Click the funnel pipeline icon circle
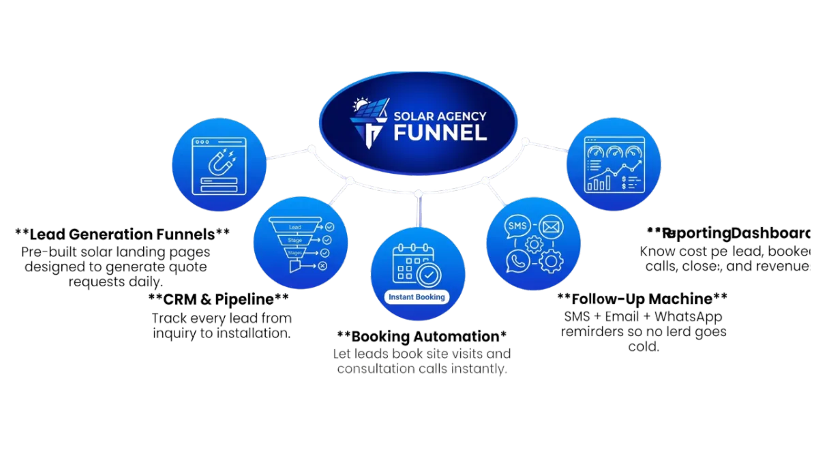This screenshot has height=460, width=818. tap(300, 242)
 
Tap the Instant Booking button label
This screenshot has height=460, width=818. tap(416, 297)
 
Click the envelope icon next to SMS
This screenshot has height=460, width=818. tap(550, 226)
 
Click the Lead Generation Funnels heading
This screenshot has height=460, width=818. tap(121, 234)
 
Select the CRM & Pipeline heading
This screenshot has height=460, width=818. tap(219, 300)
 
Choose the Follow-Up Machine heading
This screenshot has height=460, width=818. tap(643, 299)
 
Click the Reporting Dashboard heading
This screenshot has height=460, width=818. tap(729, 233)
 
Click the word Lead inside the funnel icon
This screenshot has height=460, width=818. tap(295, 226)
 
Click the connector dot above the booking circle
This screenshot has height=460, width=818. tap(416, 196)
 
